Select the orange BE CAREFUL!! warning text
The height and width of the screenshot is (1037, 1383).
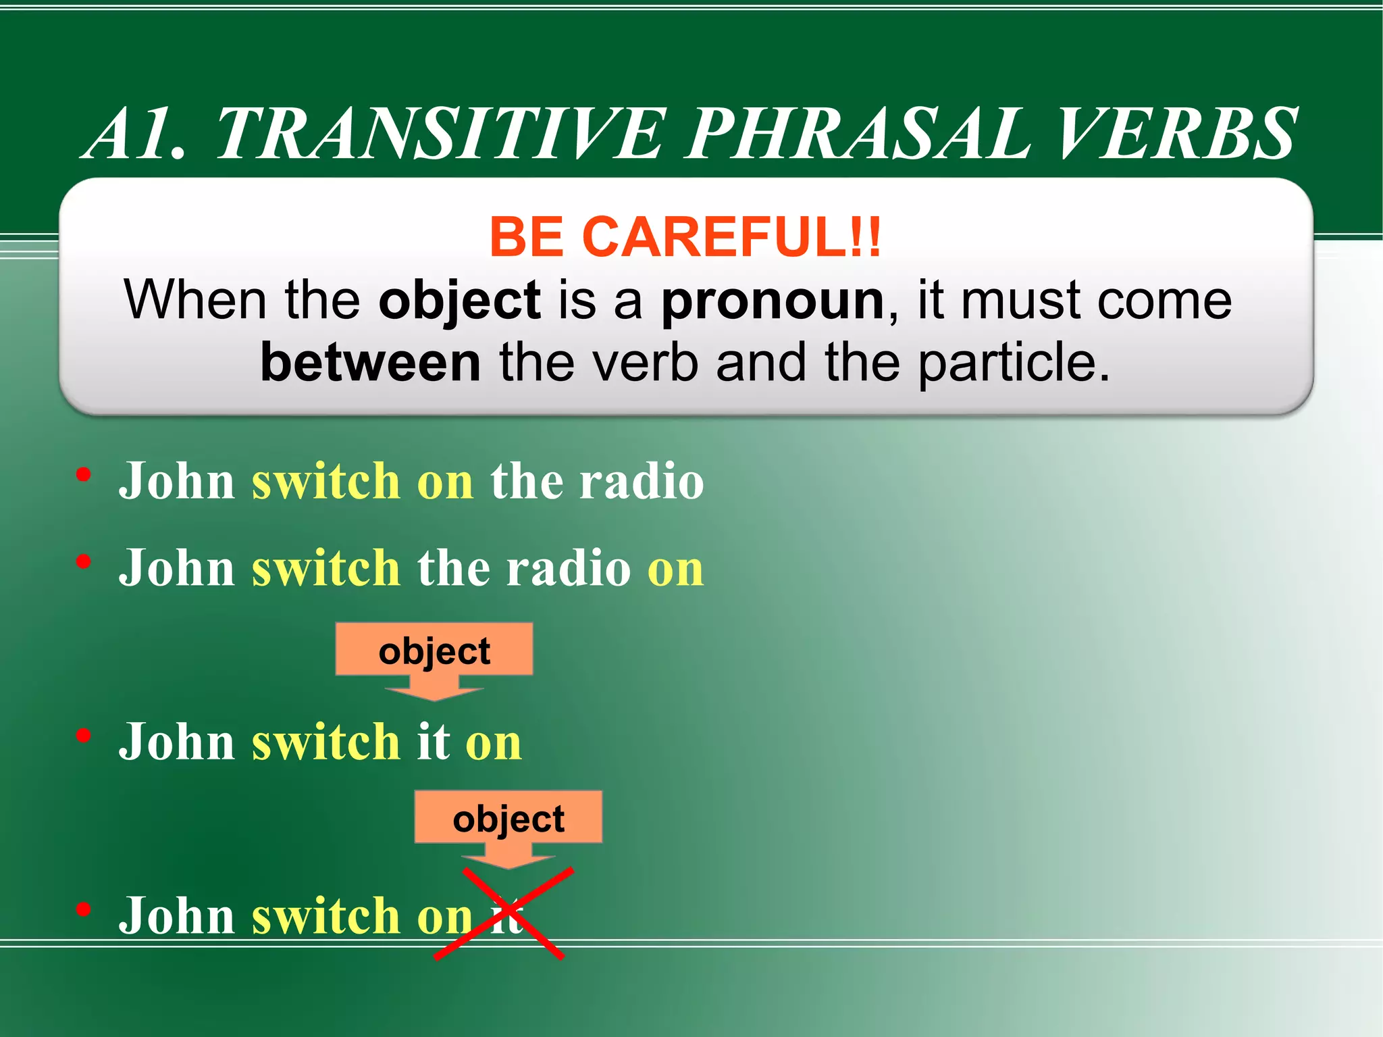click(x=685, y=237)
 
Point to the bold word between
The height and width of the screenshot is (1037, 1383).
click(x=370, y=363)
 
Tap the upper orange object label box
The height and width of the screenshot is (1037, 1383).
click(x=434, y=650)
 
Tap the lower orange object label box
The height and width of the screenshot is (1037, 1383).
click(x=508, y=817)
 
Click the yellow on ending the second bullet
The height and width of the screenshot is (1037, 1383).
click(x=675, y=568)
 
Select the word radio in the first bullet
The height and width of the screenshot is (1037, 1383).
click(x=642, y=481)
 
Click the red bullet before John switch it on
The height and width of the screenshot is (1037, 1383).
click(x=84, y=735)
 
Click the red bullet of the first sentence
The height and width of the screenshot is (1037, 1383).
click(x=84, y=475)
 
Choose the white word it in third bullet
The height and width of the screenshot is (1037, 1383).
click(x=433, y=741)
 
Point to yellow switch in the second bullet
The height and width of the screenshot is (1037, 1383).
click(x=326, y=568)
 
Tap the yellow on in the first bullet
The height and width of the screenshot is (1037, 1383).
click(x=445, y=482)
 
